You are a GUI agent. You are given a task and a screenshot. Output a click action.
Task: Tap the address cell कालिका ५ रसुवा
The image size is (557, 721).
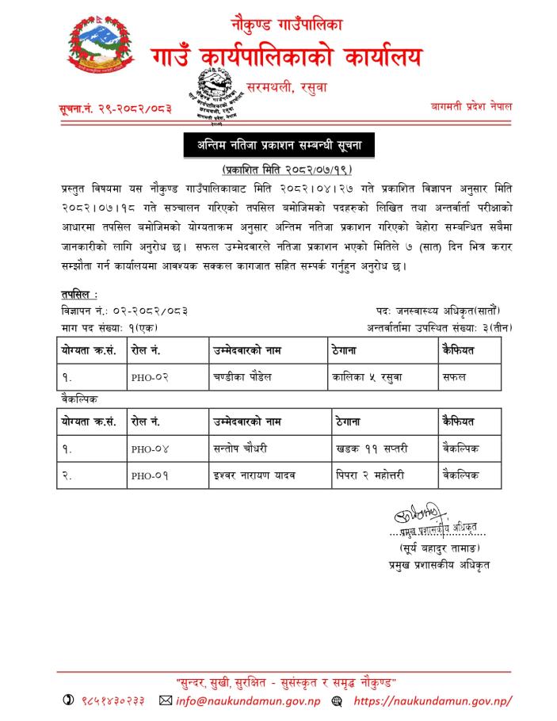point(368,377)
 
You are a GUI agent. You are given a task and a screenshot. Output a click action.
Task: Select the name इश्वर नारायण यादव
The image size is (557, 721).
point(254,475)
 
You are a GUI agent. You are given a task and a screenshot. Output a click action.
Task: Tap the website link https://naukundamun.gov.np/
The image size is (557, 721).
point(432,701)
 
